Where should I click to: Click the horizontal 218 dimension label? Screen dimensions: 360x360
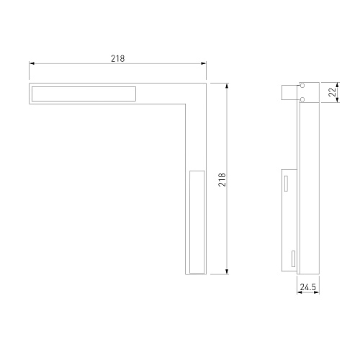click(x=117, y=58)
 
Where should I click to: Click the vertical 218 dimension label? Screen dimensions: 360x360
click(x=222, y=179)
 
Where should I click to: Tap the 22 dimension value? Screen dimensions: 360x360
click(x=332, y=92)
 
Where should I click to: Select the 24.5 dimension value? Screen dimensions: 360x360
click(x=308, y=287)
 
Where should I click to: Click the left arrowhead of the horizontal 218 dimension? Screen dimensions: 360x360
click(x=32, y=63)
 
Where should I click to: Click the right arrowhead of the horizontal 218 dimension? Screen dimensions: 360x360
click(x=204, y=63)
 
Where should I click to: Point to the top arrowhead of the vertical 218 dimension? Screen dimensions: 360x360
click(x=227, y=86)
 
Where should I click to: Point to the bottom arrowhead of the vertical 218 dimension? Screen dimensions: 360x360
click(x=227, y=271)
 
